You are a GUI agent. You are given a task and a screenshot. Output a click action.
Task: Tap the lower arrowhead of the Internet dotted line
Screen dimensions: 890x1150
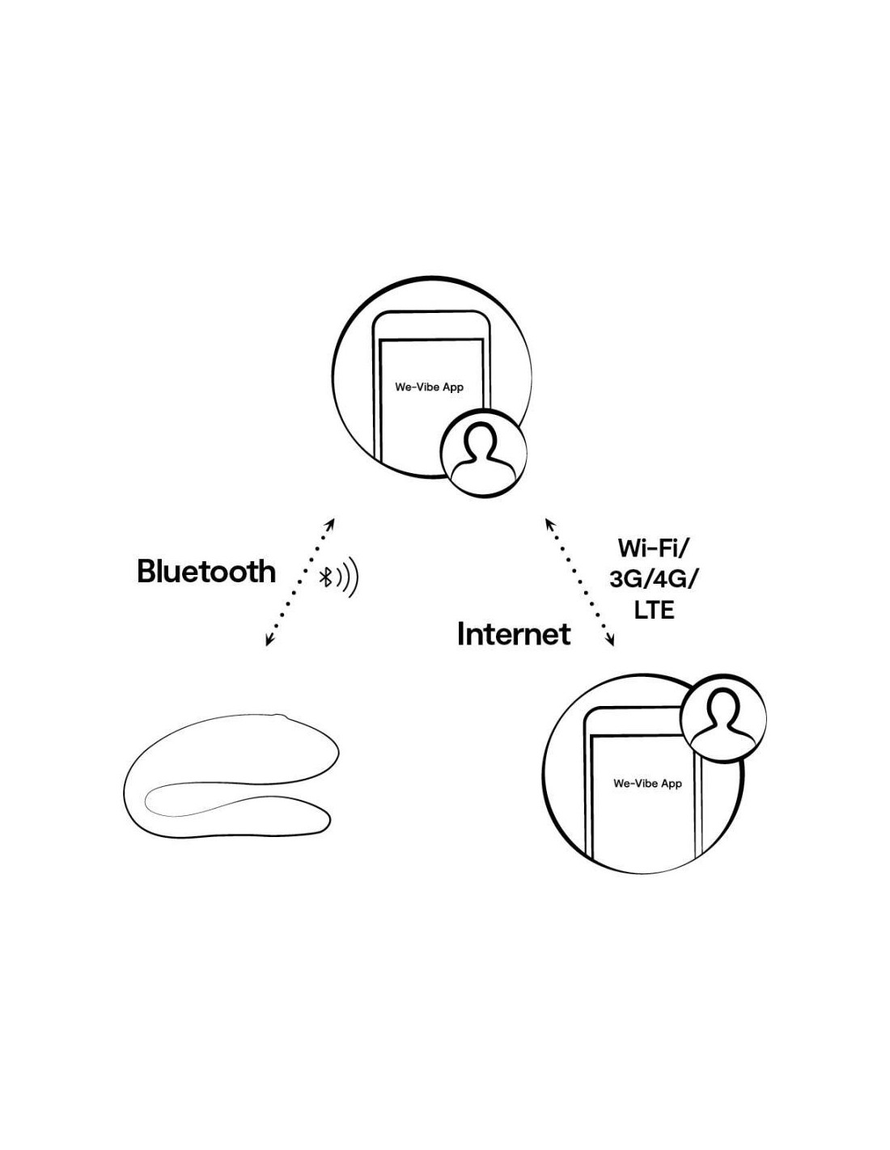609,641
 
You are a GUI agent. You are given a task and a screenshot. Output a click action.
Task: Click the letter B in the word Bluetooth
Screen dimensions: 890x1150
146,572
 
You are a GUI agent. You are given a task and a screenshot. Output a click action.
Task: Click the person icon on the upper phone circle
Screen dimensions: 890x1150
483,453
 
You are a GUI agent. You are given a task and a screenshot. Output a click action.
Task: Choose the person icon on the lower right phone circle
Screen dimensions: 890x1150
723,718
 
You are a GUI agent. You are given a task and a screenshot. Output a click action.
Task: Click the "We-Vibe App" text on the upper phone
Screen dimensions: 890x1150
429,387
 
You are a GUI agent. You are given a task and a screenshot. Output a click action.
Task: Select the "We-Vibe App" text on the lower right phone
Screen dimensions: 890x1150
647,784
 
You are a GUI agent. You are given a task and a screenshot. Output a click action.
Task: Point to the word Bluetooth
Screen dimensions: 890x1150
206,572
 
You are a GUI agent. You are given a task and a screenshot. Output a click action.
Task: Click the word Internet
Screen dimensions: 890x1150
514,633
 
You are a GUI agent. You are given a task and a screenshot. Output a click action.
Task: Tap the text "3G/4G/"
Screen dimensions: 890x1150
653,580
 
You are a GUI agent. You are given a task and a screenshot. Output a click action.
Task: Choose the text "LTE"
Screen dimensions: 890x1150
654,611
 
